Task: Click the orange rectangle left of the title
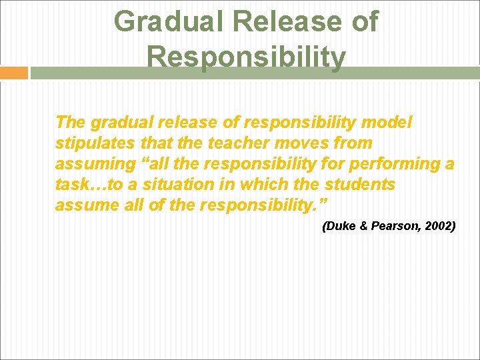13,73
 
